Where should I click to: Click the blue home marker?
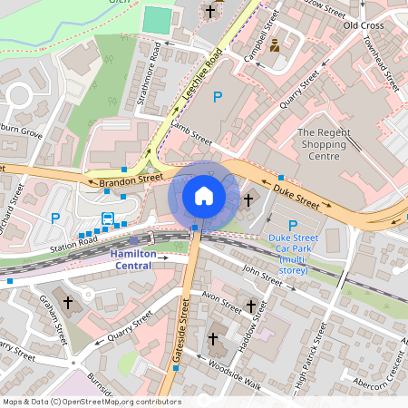(204, 195)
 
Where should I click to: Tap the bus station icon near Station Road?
(108, 219)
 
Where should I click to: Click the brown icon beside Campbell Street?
(275, 43)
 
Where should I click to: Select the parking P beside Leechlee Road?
(217, 97)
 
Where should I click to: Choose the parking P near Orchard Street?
(55, 219)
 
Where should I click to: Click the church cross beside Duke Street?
(248, 199)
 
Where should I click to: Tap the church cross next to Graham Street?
(66, 303)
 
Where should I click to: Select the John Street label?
(263, 275)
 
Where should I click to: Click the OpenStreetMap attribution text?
(92, 402)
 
